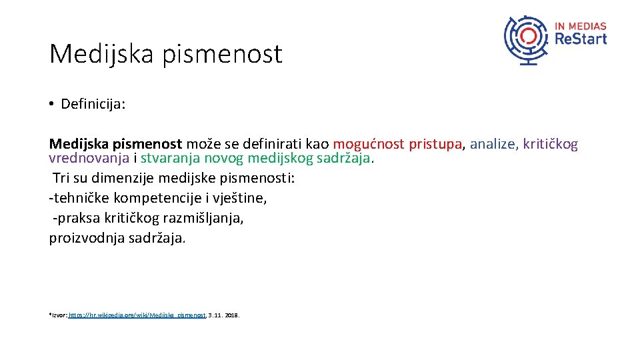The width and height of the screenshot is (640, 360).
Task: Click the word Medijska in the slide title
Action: (100, 54)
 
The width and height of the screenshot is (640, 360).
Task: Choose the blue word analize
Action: (493, 144)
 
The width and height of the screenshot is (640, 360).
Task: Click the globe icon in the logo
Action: (528, 39)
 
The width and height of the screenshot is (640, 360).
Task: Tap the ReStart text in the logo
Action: (581, 39)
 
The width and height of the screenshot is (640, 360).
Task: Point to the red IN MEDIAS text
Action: (581, 26)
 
